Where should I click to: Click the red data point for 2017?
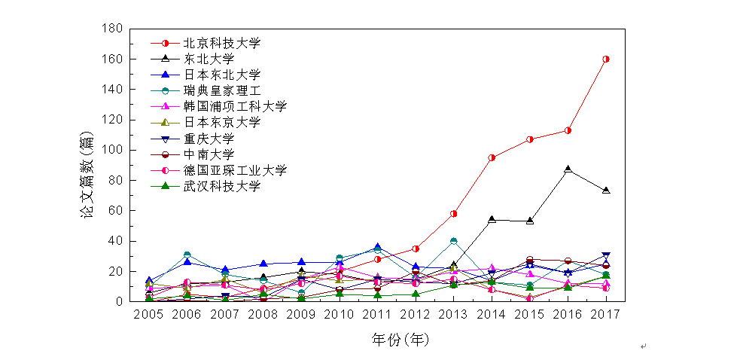pos(606,59)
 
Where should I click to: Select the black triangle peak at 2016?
pos(568,169)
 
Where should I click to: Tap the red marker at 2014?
pos(492,157)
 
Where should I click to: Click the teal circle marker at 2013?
pos(454,241)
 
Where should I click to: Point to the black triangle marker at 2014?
pos(492,220)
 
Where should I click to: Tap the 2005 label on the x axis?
pos(148,313)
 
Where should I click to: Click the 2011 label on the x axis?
pos(377,313)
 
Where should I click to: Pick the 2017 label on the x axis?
pos(606,313)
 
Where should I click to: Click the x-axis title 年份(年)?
pos(400,340)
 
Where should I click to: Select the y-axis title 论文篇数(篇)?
pos(87,175)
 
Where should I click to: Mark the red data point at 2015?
pos(530,139)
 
